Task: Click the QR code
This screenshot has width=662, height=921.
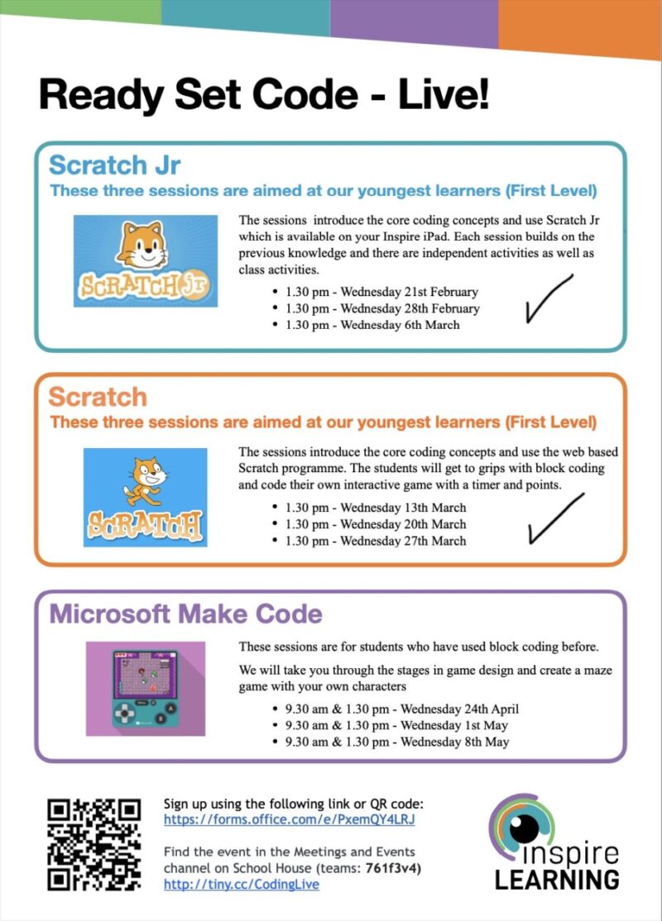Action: point(94,843)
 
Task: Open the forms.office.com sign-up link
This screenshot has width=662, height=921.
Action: point(289,820)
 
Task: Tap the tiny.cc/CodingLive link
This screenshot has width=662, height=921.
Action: point(241,884)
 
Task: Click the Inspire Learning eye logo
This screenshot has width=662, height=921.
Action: point(524,827)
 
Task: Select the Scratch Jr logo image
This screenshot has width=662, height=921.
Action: point(146,260)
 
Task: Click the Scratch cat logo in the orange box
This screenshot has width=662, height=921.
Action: point(145,497)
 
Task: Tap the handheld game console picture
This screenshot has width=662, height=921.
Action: point(146,688)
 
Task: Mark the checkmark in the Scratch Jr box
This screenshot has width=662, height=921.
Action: point(548,298)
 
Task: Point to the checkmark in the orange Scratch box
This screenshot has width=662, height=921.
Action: point(554,518)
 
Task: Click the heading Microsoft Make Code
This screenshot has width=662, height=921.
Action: point(185,614)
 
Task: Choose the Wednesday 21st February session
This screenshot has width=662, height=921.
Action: point(381,292)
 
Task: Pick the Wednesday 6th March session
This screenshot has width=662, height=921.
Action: point(372,325)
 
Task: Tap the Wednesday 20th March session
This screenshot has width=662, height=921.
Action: point(375,524)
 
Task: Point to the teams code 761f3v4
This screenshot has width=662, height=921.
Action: point(394,867)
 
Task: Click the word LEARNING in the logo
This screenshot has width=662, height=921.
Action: point(557,878)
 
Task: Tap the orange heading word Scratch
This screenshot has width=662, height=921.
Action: point(98,396)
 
